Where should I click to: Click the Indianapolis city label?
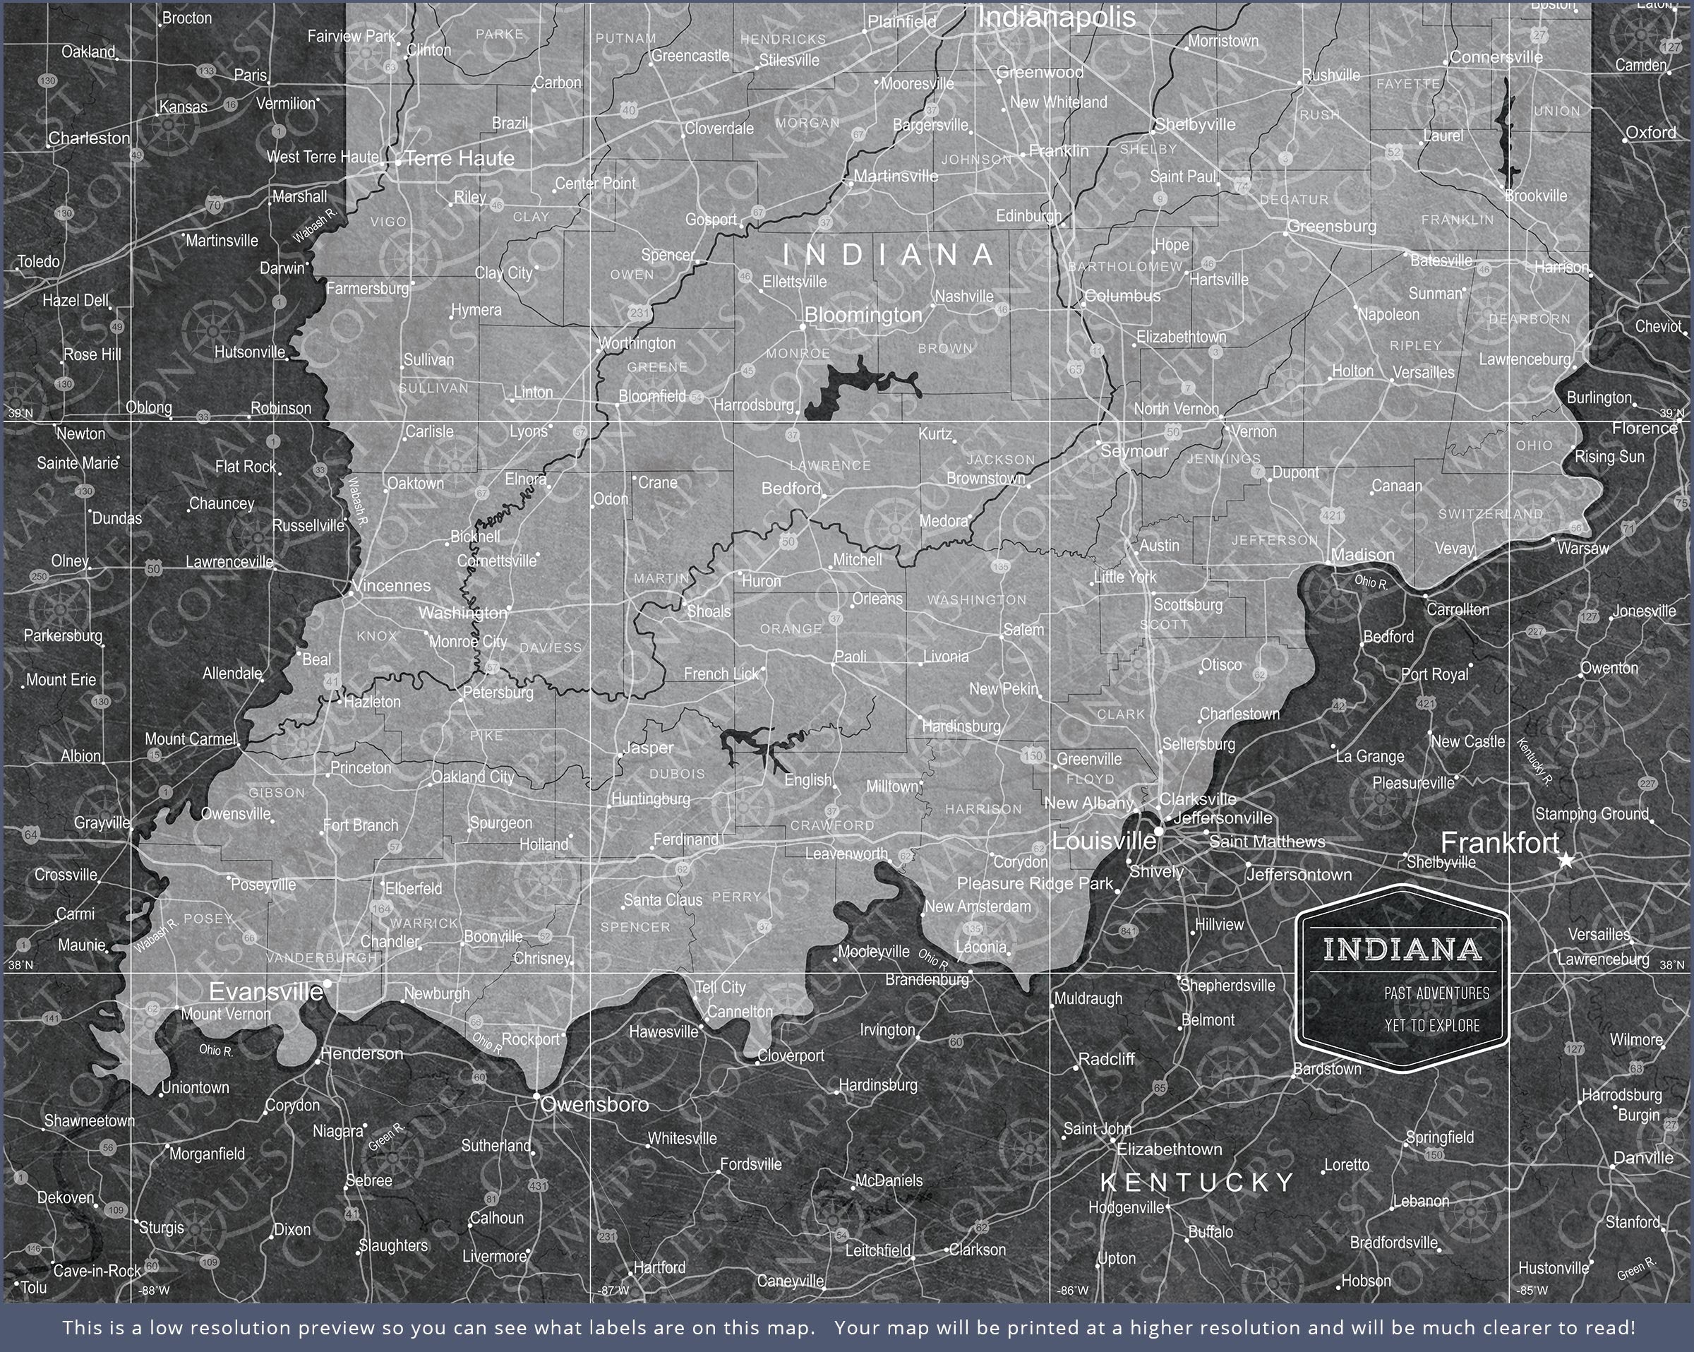click(1056, 17)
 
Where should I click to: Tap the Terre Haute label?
click(459, 159)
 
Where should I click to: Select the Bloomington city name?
click(863, 315)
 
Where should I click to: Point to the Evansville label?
click(265, 992)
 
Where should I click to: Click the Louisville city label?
click(1103, 842)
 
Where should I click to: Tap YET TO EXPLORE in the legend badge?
click(1431, 1026)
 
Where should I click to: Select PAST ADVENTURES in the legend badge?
click(1436, 993)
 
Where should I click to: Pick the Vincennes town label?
click(391, 585)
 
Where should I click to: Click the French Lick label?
click(721, 674)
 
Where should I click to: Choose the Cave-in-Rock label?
click(97, 1270)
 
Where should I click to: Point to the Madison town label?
click(1362, 555)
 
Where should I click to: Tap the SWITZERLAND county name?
click(1491, 514)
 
